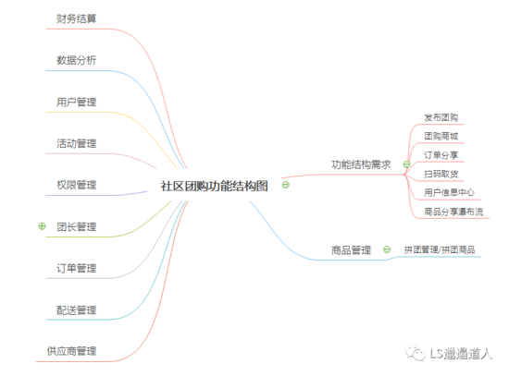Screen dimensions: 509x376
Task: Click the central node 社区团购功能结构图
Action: [215, 186]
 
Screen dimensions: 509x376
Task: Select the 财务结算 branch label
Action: [76, 18]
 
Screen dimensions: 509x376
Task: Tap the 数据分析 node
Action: [76, 60]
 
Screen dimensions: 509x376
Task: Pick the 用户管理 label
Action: [76, 103]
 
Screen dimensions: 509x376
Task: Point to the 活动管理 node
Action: [76, 143]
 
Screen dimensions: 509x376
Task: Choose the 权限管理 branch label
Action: [76, 185]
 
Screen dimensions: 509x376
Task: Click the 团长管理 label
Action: [76, 226]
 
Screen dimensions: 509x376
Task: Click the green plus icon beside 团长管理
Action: [42, 226]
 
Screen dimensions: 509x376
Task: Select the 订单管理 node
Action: [76, 269]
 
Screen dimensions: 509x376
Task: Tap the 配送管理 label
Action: [76, 310]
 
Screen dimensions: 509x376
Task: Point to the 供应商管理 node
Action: [71, 351]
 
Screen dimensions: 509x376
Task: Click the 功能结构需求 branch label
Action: [361, 164]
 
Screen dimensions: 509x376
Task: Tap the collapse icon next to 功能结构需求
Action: [406, 164]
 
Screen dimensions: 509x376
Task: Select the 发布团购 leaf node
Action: [441, 117]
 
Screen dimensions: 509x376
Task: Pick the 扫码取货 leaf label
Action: [441, 174]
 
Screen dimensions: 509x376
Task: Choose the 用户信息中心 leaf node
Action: [449, 193]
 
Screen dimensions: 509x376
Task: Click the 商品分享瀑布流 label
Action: [453, 212]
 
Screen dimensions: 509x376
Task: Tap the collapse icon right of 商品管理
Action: [387, 249]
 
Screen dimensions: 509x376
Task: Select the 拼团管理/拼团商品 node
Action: [440, 250]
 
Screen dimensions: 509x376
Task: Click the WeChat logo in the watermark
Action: [416, 353]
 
